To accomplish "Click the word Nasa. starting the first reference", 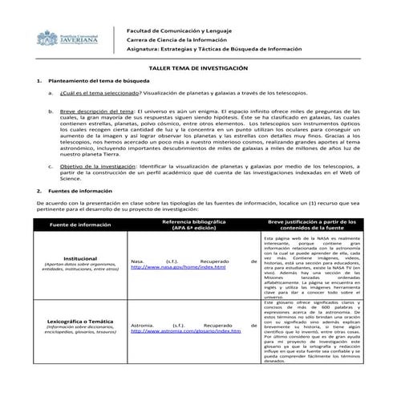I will (x=137, y=260).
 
